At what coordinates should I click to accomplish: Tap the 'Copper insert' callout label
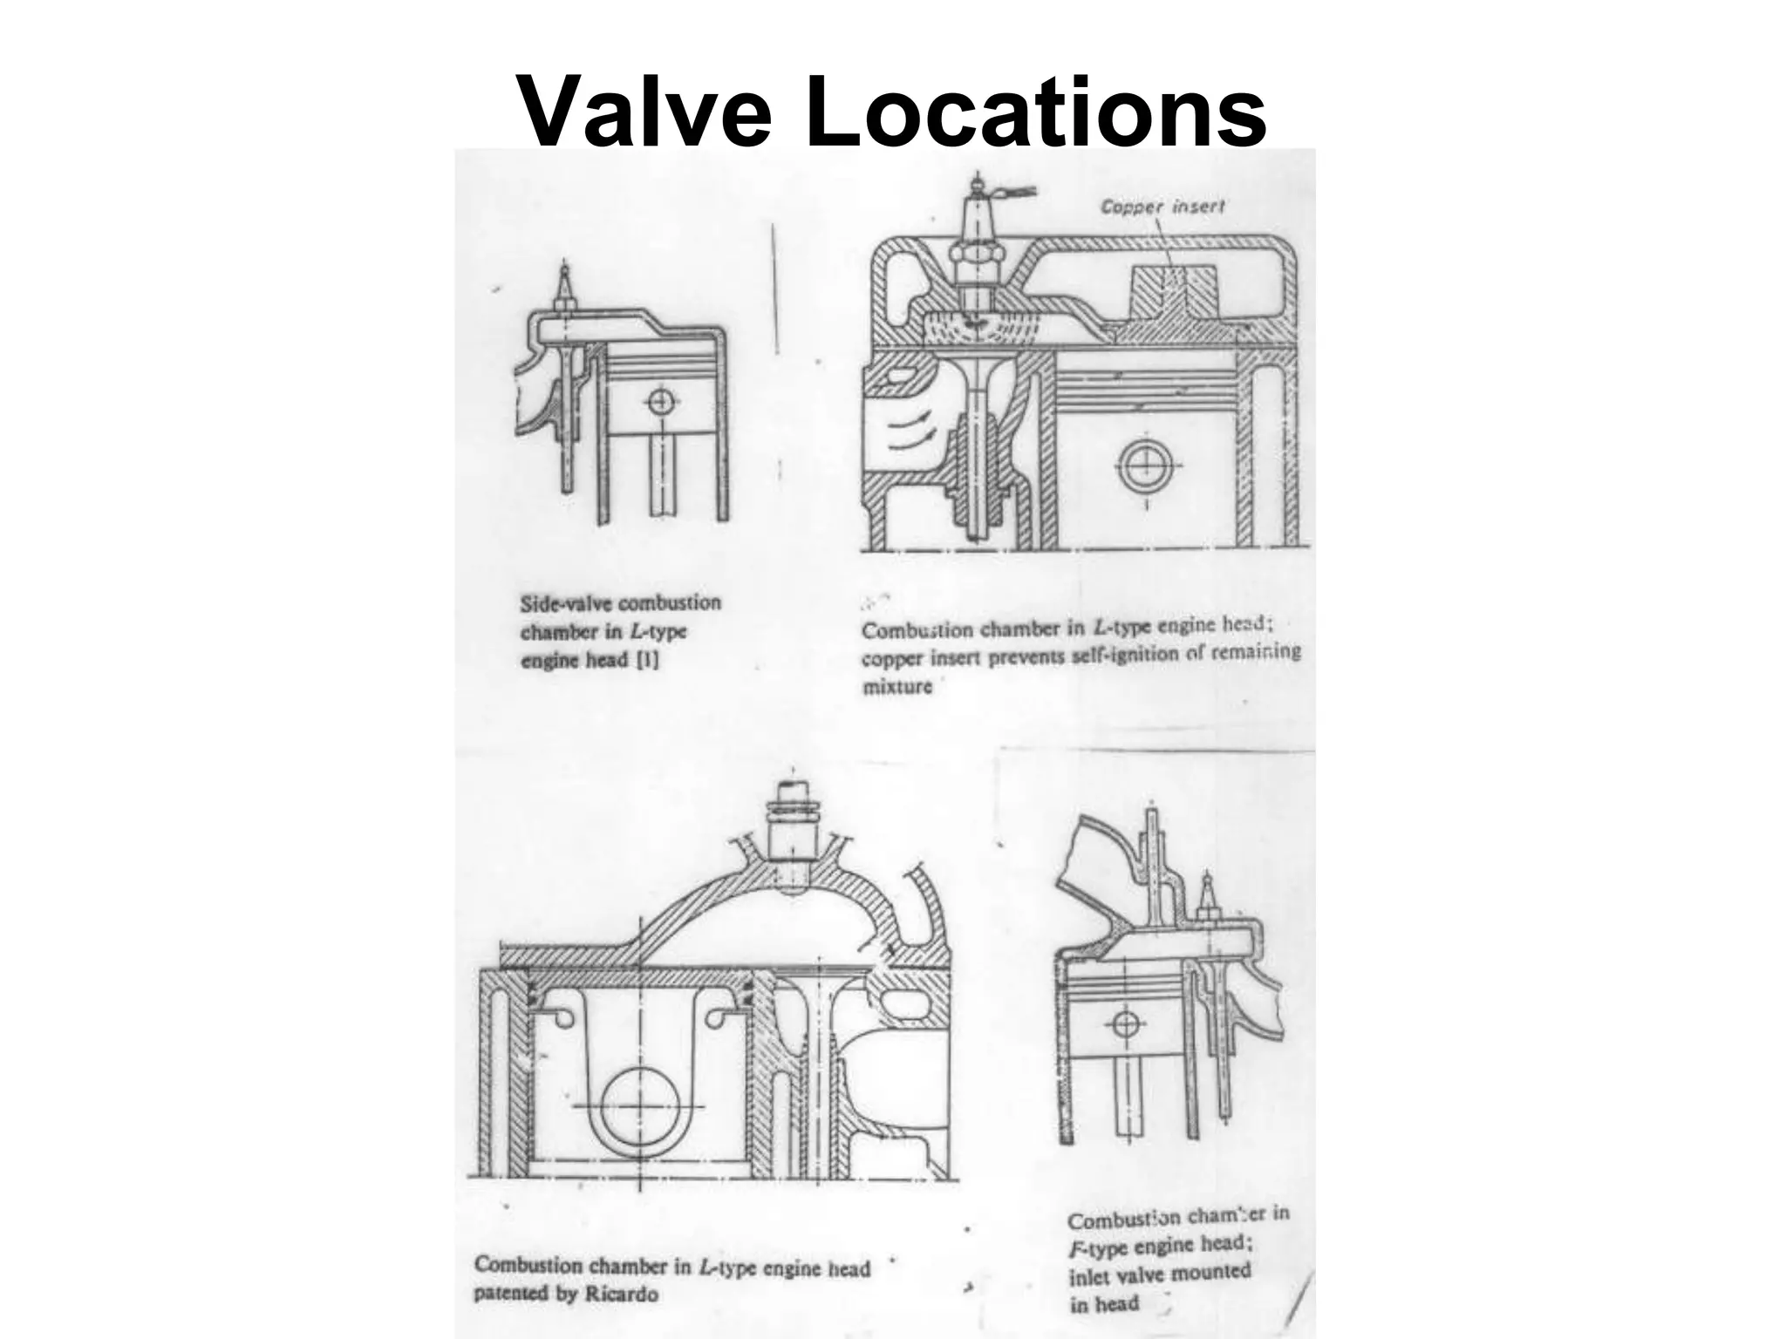[x=1162, y=207]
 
